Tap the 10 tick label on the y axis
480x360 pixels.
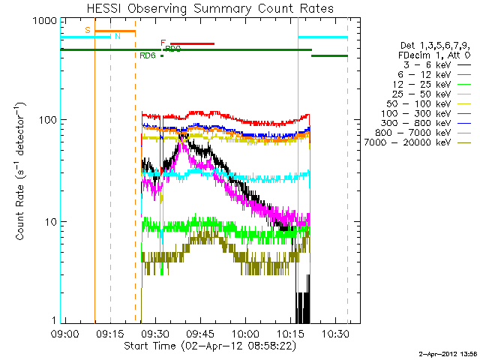[50, 222]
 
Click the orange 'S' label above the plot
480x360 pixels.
[88, 30]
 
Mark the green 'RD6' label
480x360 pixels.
[148, 55]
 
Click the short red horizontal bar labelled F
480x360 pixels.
[192, 43]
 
